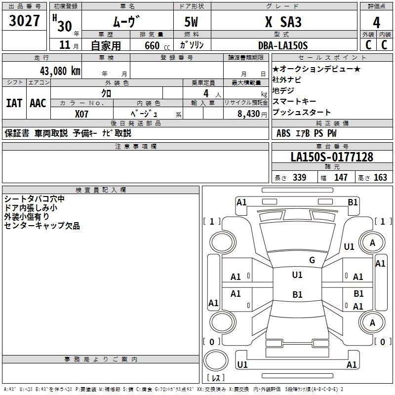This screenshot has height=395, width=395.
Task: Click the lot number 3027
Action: [x=24, y=22]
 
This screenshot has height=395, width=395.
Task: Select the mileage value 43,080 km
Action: [x=55, y=71]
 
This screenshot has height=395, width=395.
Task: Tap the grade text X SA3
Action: [x=283, y=23]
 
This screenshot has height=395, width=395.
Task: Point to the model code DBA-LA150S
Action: [x=283, y=45]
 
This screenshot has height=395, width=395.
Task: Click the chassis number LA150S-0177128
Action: [x=332, y=157]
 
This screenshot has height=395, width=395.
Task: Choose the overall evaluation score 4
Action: [x=376, y=23]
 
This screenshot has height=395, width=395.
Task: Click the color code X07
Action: [x=82, y=114]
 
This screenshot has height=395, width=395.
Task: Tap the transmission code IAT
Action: [x=14, y=103]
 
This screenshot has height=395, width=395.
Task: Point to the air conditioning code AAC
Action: [x=38, y=103]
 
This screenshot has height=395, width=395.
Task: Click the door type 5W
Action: [x=192, y=23]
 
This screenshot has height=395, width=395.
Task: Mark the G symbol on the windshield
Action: [x=312, y=260]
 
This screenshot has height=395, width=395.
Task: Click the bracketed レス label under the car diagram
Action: [x=216, y=378]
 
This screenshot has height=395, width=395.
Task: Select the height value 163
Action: [x=381, y=178]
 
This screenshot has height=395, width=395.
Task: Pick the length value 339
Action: [x=299, y=178]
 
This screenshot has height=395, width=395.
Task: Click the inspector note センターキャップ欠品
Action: [x=42, y=226]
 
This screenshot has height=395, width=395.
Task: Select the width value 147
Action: [x=341, y=178]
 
